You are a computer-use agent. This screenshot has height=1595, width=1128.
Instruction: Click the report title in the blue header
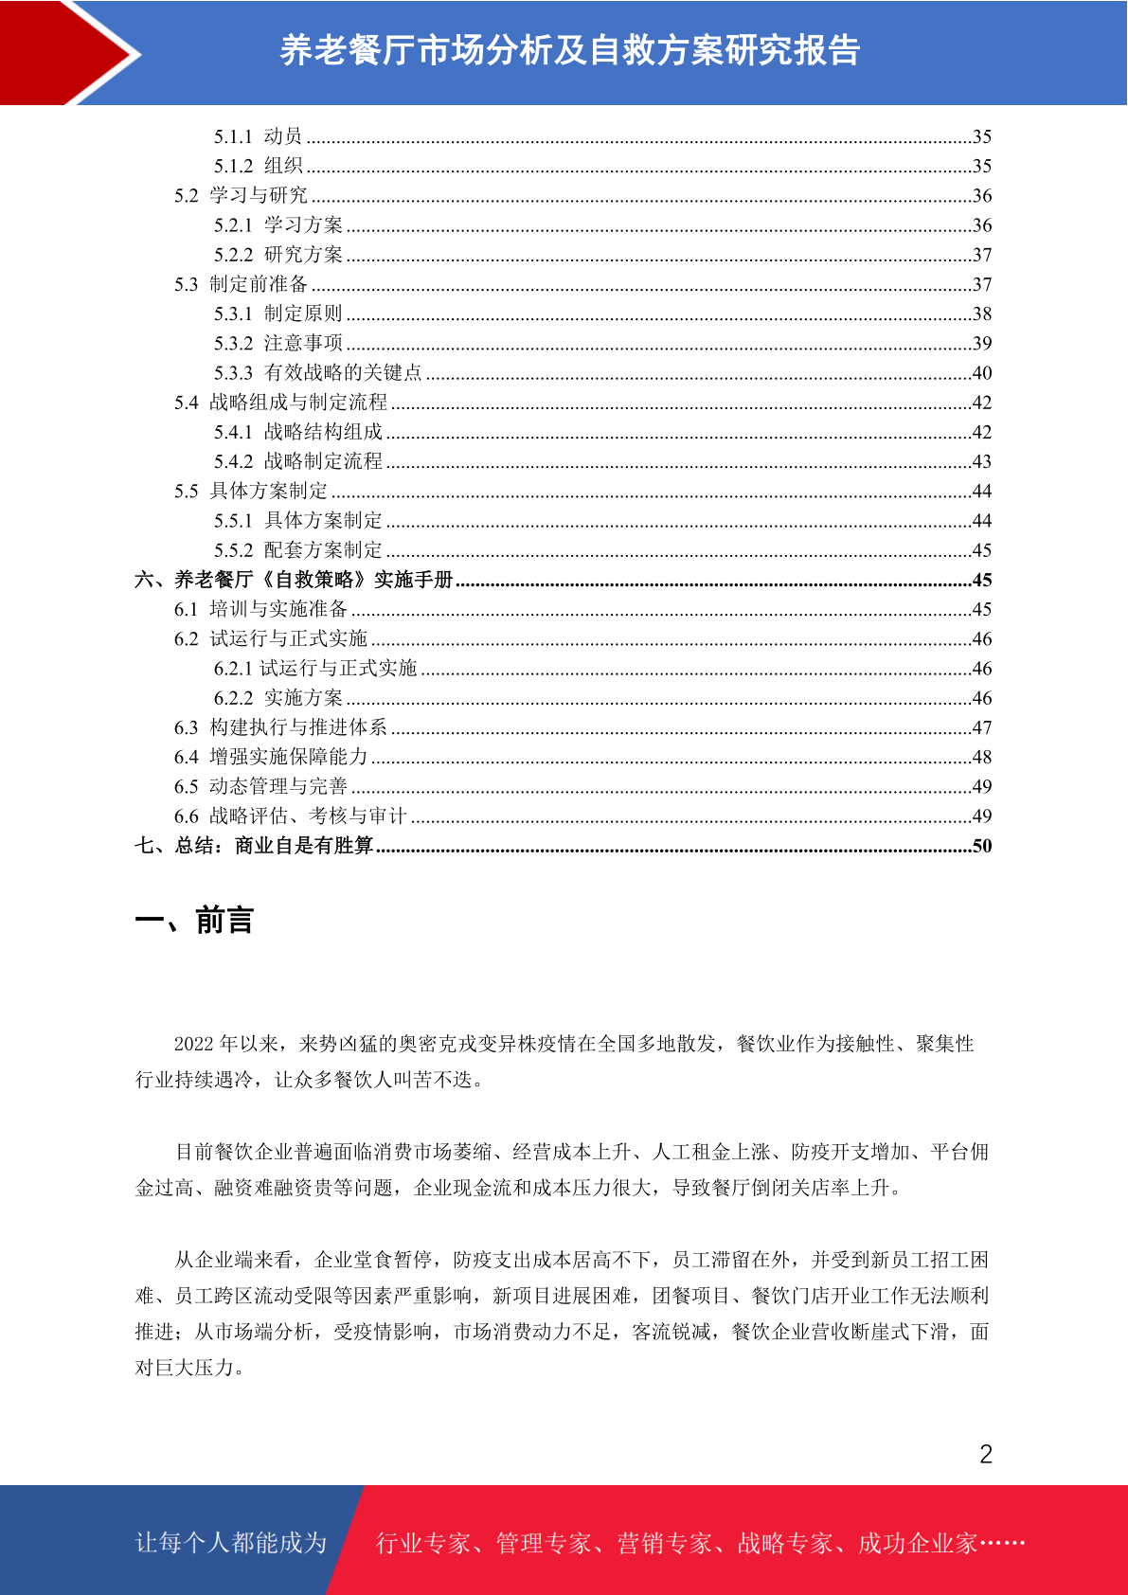point(569,51)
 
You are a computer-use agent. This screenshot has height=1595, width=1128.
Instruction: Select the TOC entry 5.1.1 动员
point(258,136)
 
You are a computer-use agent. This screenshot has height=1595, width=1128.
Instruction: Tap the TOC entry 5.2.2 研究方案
point(278,255)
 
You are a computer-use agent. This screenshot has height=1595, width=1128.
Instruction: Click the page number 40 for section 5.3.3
point(982,373)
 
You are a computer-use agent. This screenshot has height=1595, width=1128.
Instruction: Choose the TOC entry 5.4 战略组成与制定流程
point(280,403)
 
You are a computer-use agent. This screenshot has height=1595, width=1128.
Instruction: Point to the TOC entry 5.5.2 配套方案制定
point(298,550)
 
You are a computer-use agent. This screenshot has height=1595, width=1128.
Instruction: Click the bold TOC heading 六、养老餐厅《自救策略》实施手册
point(294,580)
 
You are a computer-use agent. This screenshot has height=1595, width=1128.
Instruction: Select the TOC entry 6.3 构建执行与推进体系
point(280,727)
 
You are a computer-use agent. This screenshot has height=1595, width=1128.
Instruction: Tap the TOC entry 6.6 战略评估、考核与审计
point(290,816)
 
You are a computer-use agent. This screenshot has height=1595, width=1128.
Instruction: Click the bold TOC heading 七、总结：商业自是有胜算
point(254,846)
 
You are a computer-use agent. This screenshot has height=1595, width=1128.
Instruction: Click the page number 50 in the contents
point(982,846)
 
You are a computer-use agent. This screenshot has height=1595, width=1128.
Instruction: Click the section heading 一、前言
point(194,921)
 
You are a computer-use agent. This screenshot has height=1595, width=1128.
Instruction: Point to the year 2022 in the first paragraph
point(194,1044)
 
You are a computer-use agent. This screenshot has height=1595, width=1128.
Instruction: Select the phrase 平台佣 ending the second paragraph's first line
point(959,1152)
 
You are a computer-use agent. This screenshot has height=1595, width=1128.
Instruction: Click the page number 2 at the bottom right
point(986,1455)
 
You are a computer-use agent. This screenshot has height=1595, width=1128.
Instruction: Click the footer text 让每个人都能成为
point(231,1543)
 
